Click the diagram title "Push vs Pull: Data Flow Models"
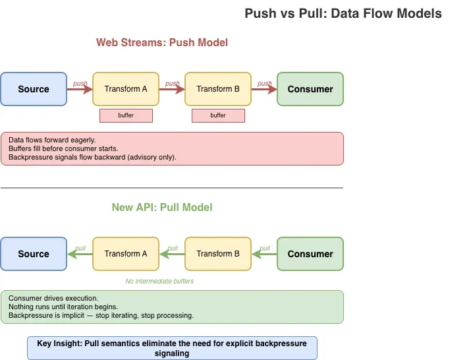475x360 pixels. coord(343,13)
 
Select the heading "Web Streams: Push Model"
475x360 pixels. coord(162,43)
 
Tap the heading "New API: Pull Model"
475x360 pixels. coord(162,207)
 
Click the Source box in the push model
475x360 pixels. coord(34,89)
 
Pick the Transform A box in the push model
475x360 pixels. coord(126,89)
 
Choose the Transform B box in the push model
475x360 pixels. coord(218,89)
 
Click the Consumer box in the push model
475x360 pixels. coord(310,89)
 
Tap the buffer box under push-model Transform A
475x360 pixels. coord(126,115)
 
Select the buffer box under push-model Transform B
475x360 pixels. coord(218,115)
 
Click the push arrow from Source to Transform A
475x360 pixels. coord(80,90)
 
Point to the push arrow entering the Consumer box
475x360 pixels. coord(264,90)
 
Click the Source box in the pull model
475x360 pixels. coord(34,254)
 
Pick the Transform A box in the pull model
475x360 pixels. coord(126,254)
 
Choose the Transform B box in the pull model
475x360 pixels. coord(218,254)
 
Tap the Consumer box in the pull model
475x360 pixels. coord(310,254)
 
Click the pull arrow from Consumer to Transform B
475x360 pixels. coord(264,255)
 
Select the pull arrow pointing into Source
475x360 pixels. coord(80,255)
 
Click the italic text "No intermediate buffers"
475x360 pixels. coord(159,281)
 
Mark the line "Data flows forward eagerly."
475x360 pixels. coord(51,140)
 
